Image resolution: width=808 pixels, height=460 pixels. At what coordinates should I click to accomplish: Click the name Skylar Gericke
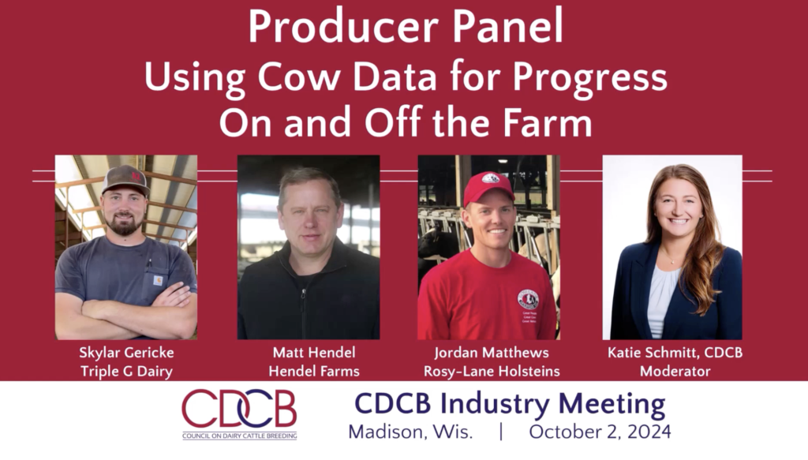[x=126, y=353]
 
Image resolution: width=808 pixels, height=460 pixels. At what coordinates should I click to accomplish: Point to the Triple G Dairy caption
[x=126, y=372]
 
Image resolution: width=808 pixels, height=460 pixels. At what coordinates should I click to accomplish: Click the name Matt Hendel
[x=314, y=353]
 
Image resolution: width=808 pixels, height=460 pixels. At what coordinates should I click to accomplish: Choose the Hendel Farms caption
[x=314, y=372]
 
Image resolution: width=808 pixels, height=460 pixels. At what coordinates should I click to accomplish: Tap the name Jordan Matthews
[x=492, y=353]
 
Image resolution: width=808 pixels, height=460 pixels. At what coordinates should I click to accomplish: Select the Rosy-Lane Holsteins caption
[x=492, y=372]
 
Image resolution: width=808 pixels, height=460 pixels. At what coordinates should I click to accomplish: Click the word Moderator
[x=675, y=372]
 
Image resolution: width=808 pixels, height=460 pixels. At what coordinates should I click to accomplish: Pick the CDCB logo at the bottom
[x=239, y=414]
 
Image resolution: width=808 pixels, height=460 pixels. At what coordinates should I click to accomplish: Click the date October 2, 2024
[x=600, y=432]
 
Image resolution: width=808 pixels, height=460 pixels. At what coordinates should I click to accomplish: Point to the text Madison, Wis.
[x=410, y=432]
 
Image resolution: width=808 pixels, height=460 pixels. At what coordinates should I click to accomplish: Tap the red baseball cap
[x=488, y=188]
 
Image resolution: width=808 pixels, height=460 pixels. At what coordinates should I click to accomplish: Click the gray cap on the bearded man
[x=125, y=180]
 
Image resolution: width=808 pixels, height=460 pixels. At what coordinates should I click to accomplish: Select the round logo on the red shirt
[x=528, y=299]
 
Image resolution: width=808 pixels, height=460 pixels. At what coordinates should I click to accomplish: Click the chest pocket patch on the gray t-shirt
[x=158, y=281]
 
